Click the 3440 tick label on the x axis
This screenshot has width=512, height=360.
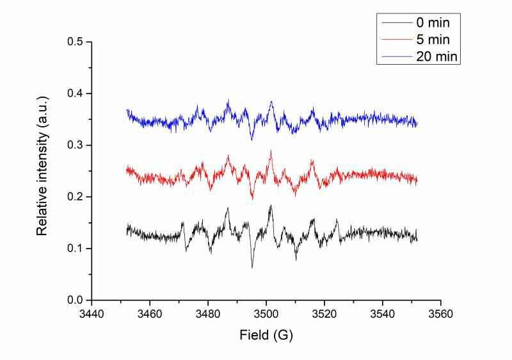click(92, 315)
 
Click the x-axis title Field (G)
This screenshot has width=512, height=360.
click(266, 335)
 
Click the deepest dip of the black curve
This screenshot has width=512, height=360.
click(252, 267)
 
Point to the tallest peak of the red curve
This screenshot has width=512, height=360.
click(271, 151)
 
